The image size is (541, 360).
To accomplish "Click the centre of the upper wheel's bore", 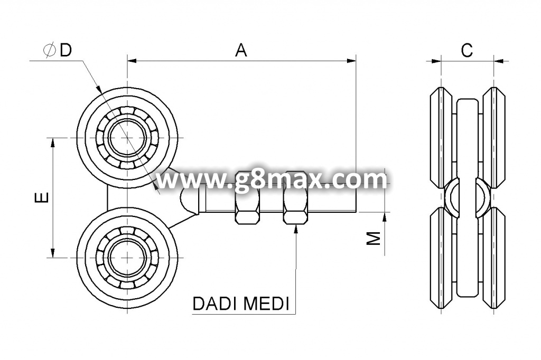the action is click(x=127, y=138).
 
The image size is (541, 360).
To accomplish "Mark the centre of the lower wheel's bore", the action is click(x=127, y=258).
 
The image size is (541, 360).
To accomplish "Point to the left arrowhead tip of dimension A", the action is click(x=128, y=61).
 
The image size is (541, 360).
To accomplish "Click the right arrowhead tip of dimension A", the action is click(x=356, y=61).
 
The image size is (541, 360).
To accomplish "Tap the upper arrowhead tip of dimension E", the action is click(x=52, y=138).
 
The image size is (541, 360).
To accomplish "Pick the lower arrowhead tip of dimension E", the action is click(x=52, y=258).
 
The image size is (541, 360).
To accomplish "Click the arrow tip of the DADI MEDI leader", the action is click(x=296, y=224).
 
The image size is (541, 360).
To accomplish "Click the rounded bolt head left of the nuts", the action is click(x=189, y=200).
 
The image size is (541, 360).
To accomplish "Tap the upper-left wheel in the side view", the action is click(x=441, y=138).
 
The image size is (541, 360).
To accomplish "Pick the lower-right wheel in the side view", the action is click(x=494, y=258).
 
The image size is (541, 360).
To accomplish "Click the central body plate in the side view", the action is click(x=468, y=198).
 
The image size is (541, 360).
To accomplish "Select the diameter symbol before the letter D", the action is click(x=49, y=50).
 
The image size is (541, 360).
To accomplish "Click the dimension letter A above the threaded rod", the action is click(x=241, y=50).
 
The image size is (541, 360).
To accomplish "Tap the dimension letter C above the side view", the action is click(x=467, y=50).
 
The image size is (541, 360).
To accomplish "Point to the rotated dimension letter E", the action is click(x=42, y=197).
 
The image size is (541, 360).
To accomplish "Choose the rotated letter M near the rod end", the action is click(x=373, y=238).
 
